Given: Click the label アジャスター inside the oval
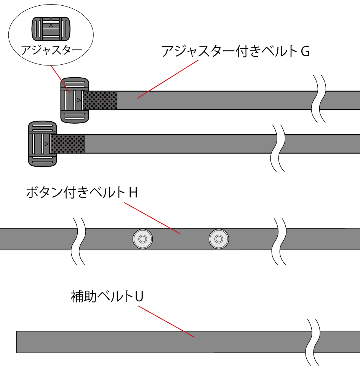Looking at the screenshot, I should (51, 49).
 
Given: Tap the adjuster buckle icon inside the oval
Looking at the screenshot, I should (51, 29).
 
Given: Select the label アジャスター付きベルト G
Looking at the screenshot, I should (235, 51).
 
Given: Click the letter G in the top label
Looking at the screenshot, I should (305, 51).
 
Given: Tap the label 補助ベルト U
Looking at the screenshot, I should (107, 296).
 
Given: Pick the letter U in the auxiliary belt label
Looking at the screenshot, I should (139, 296).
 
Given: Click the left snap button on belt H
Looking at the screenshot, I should (142, 239).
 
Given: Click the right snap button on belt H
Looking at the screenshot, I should (218, 239).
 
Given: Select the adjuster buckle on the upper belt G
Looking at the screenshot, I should (75, 100).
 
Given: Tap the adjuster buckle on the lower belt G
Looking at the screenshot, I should (42, 144).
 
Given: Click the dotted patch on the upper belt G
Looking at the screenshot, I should (100, 100).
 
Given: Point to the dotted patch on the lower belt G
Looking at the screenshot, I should (68, 144).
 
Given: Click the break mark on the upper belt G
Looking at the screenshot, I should (319, 99).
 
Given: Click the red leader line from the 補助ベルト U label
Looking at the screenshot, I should (166, 321).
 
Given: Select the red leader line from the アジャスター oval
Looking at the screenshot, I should (60, 78).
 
